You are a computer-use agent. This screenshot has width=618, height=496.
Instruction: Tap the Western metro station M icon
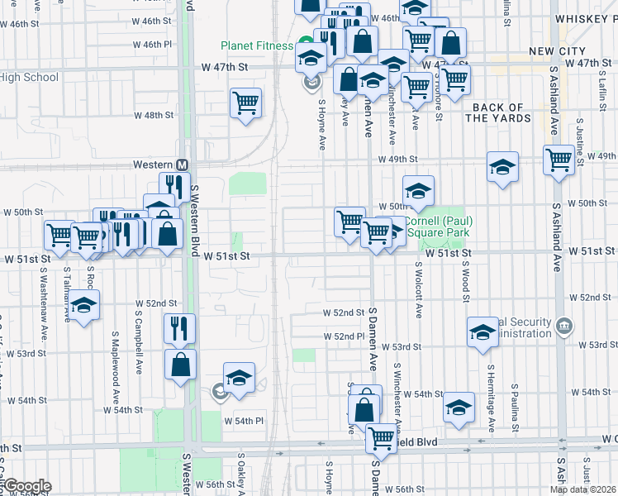click(182, 165)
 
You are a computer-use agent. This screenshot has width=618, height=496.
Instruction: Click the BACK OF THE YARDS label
click(498, 112)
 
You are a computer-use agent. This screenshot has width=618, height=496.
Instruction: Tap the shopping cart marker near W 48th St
click(246, 103)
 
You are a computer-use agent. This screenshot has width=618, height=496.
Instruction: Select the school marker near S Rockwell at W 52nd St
click(83, 305)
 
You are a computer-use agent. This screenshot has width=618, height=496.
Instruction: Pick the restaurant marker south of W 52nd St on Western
click(179, 328)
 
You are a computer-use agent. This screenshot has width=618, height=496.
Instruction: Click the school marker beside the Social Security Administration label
click(483, 332)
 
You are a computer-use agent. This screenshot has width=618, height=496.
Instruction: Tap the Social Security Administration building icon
click(563, 324)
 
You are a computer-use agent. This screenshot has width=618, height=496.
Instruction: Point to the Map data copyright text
click(582, 489)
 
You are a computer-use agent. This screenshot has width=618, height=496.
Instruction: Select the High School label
click(30, 78)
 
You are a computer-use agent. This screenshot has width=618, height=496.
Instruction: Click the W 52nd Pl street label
click(345, 336)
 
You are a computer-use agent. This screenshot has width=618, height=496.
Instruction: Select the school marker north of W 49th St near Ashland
click(502, 167)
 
